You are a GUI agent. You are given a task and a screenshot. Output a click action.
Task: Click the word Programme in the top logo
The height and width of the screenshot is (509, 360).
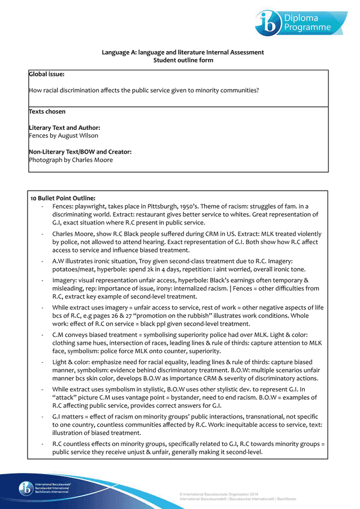point(307,27)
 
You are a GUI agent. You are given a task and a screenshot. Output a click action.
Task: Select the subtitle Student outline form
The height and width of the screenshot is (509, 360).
point(183,60)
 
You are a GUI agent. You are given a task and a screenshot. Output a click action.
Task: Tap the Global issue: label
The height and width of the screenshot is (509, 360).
point(47,74)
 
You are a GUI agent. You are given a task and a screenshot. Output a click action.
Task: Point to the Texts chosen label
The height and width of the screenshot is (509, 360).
point(47,111)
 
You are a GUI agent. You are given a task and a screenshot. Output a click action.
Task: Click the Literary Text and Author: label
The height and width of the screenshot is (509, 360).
point(65,128)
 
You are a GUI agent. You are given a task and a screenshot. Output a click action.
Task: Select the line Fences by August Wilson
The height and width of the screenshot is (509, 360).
point(64,136)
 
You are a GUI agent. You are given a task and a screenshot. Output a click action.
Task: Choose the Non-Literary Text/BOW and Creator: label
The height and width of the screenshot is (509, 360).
point(80,152)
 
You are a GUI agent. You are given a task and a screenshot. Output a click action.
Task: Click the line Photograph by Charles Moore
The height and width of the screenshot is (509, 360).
point(71,160)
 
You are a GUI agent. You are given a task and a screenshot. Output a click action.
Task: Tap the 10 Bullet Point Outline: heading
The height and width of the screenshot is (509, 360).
point(63,198)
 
